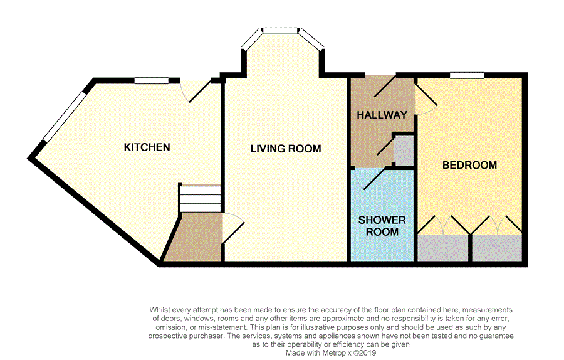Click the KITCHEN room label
click(147, 147)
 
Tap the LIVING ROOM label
click(286, 149)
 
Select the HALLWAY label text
click(382, 115)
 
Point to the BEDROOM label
click(469, 165)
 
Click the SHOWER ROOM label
click(382, 226)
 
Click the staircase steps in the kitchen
click(201, 198)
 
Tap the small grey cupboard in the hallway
click(403, 151)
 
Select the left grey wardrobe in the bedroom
click(443, 248)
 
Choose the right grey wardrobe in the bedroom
click(497, 248)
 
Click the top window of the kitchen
click(152, 81)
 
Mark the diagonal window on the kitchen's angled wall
click(65, 116)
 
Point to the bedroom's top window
click(466, 75)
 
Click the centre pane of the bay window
click(281, 31)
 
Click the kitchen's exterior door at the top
click(196, 92)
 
